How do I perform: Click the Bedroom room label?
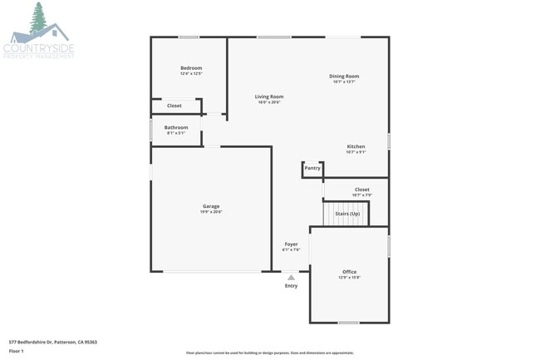(x=191, y=68)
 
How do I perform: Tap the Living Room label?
(x=269, y=97)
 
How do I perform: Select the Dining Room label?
(x=344, y=76)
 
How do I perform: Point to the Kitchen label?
(x=356, y=147)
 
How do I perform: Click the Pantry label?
(x=312, y=168)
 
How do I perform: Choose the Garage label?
(x=211, y=206)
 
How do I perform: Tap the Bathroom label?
(x=176, y=127)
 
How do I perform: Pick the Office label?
(x=349, y=272)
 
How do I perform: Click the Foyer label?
(x=291, y=244)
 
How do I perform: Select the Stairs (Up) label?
(x=347, y=215)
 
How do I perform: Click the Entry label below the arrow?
(x=291, y=286)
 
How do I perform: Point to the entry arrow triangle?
(x=291, y=278)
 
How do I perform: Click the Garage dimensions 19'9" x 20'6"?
(x=211, y=212)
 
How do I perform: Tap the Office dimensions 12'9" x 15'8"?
(x=349, y=278)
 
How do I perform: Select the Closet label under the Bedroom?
(x=174, y=106)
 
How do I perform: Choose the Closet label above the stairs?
(x=362, y=190)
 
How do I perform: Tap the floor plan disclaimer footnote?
(x=270, y=353)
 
